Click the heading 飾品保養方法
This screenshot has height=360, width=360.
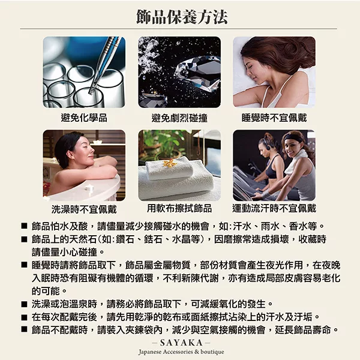pyautogui.click(x=182, y=17)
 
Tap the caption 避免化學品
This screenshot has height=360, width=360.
pyautogui.click(x=84, y=118)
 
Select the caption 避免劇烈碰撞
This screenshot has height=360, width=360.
pyautogui.click(x=179, y=118)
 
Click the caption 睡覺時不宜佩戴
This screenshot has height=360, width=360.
pyautogui.click(x=274, y=118)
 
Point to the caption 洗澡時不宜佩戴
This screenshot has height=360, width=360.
pyautogui.click(x=84, y=209)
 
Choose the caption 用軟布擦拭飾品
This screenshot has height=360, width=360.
pyautogui.click(x=179, y=208)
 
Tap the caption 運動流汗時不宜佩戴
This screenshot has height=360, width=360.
pyautogui.click(x=274, y=208)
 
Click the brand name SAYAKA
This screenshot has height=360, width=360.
pyautogui.click(x=181, y=343)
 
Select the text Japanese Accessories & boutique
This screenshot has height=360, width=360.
pyautogui.click(x=181, y=352)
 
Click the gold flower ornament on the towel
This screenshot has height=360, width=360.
pyautogui.click(x=169, y=163)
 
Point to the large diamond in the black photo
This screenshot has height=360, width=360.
pyautogui.click(x=197, y=73)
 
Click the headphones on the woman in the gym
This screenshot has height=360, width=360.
pyautogui.click(x=268, y=147)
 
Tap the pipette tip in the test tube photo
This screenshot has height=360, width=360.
pyautogui.click(x=91, y=91)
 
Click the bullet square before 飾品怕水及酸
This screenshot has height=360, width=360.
pyautogui.click(x=24, y=226)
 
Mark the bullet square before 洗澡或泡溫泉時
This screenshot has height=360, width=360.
pyautogui.click(x=24, y=304)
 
